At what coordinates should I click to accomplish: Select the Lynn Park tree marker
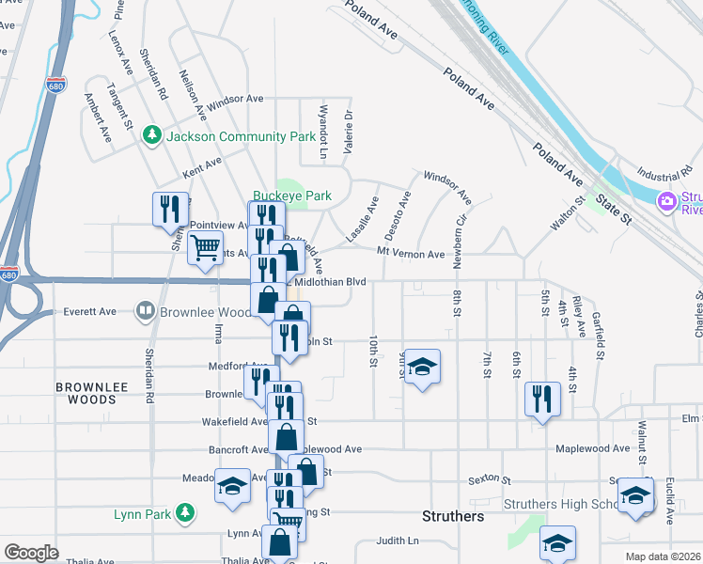pyautogui.click(x=187, y=513)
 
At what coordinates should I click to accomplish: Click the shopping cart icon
pyautogui.click(x=205, y=249)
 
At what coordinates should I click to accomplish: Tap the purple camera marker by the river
pyautogui.click(x=667, y=201)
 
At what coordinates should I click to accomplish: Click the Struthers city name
pyautogui.click(x=453, y=517)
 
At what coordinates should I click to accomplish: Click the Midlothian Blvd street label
pyautogui.click(x=330, y=282)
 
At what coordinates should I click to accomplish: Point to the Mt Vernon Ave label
pyautogui.click(x=410, y=255)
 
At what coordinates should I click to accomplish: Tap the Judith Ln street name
pyautogui.click(x=398, y=540)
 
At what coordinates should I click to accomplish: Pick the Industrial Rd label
pyautogui.click(x=664, y=175)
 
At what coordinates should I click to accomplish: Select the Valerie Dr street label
pyautogui.click(x=348, y=132)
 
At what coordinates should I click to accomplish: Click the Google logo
pyautogui.click(x=31, y=553)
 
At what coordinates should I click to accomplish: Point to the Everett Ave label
pyautogui.click(x=89, y=311)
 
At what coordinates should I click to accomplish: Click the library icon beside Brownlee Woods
pyautogui.click(x=146, y=310)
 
